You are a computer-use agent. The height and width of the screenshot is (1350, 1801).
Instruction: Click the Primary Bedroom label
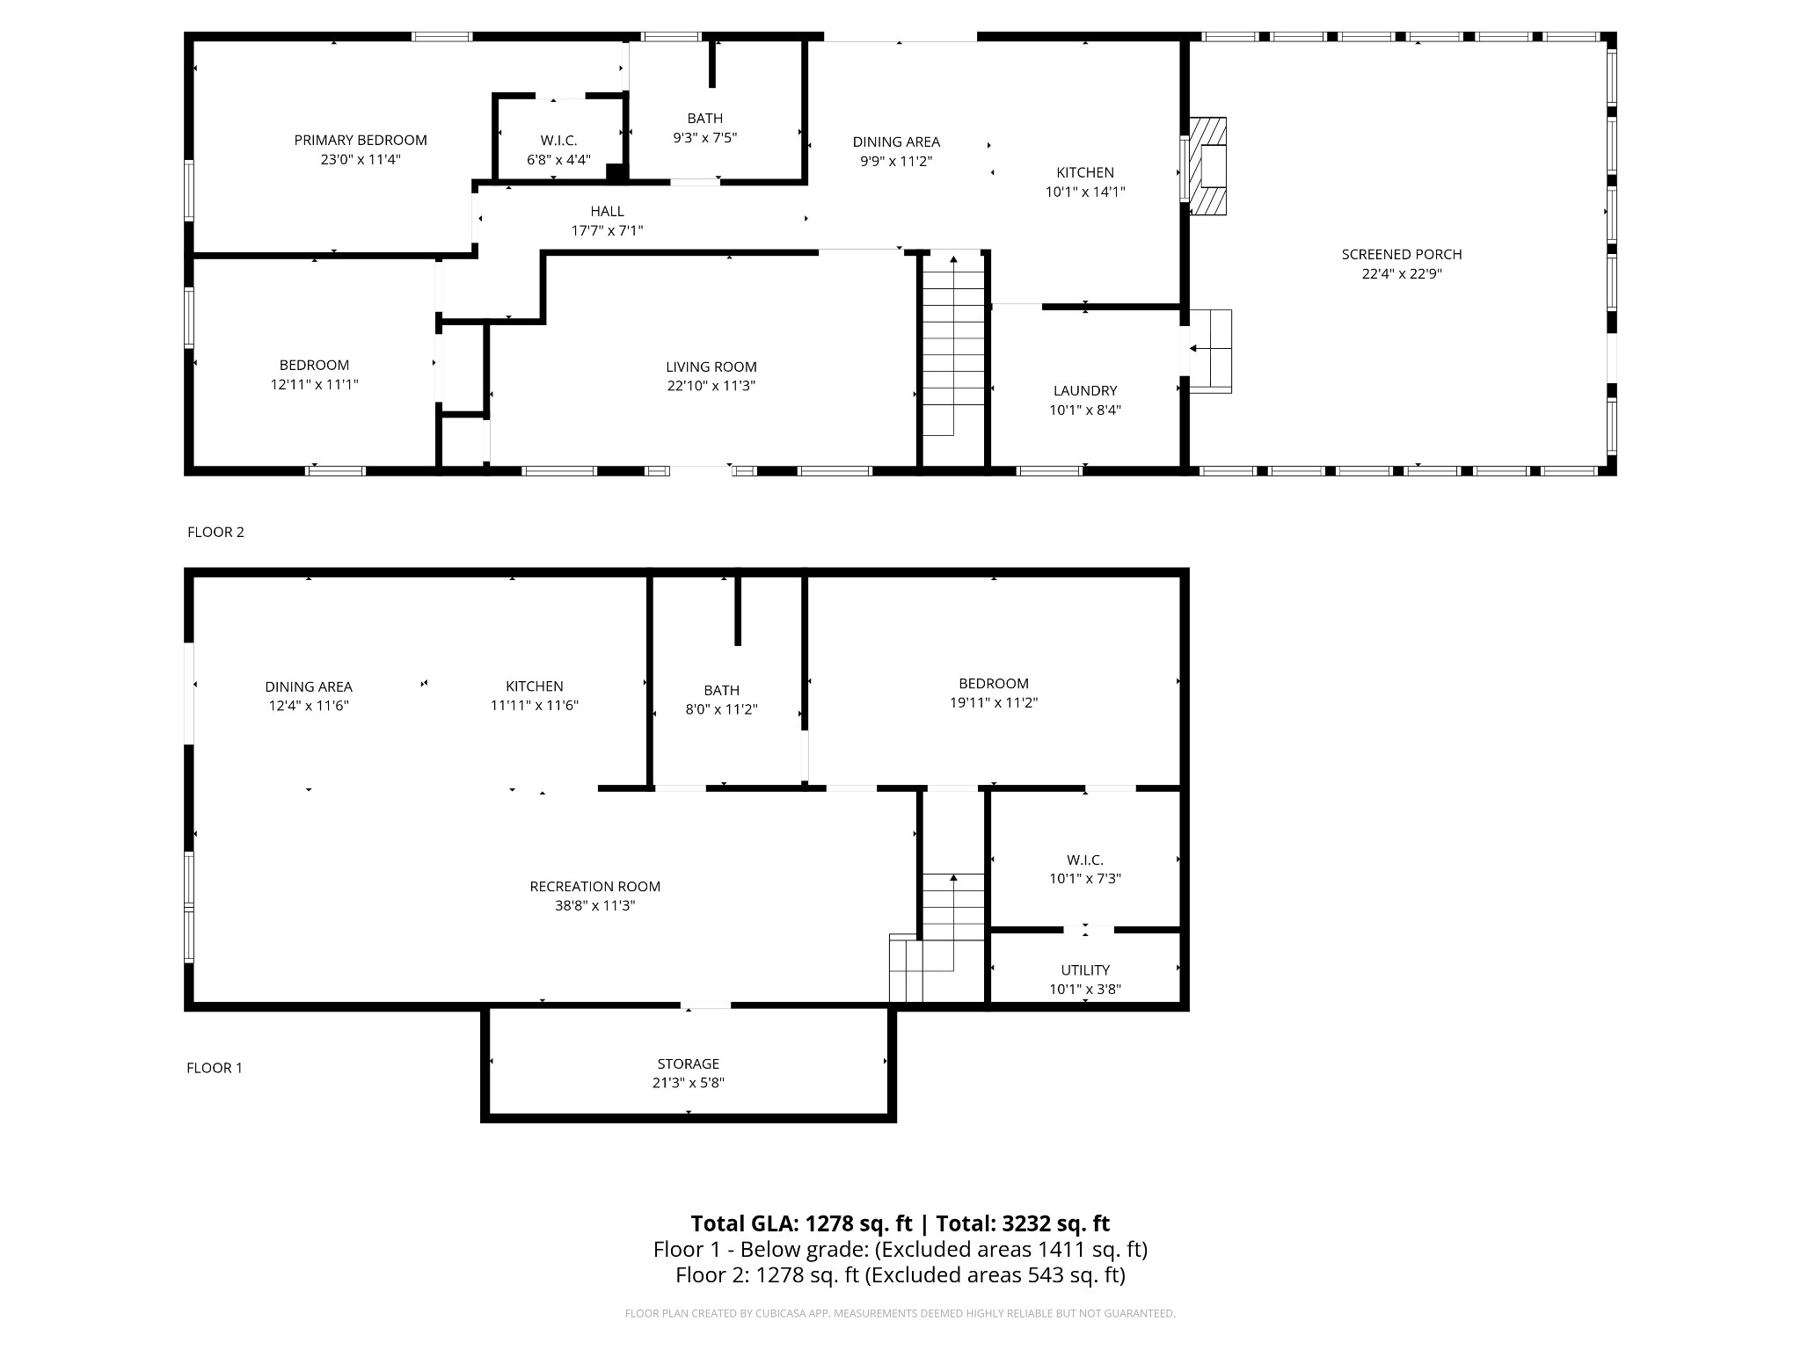(360, 140)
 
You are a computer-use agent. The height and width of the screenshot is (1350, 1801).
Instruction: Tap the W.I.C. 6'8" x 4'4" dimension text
(558, 160)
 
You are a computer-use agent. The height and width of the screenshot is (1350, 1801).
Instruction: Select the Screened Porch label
(1401, 254)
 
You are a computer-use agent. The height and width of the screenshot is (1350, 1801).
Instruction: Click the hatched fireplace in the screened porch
(1208, 166)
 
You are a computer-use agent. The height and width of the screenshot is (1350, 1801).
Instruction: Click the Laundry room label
(1084, 390)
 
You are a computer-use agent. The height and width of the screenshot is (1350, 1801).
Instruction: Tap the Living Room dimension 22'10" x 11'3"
(711, 386)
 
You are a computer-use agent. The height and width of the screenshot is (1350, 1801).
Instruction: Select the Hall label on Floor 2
(607, 211)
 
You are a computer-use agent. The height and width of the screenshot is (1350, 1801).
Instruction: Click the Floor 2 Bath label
(704, 118)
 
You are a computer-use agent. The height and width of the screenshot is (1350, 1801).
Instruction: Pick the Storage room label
(688, 1063)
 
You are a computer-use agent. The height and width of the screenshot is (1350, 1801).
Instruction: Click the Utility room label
(1084, 969)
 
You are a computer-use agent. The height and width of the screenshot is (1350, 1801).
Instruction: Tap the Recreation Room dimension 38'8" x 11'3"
(594, 905)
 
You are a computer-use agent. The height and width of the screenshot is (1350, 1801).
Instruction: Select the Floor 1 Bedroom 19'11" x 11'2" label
(993, 683)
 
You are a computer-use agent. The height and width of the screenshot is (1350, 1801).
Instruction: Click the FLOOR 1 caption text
(214, 1068)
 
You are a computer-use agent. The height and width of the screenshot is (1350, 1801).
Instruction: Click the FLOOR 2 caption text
(215, 532)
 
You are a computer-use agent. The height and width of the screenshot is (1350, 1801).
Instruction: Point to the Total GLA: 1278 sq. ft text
(801, 1223)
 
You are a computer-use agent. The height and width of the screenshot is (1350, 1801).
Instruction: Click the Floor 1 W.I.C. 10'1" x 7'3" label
(1084, 860)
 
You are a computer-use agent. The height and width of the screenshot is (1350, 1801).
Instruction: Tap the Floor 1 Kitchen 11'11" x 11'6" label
(534, 686)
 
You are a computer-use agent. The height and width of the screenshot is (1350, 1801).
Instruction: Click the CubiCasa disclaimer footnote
(900, 1313)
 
